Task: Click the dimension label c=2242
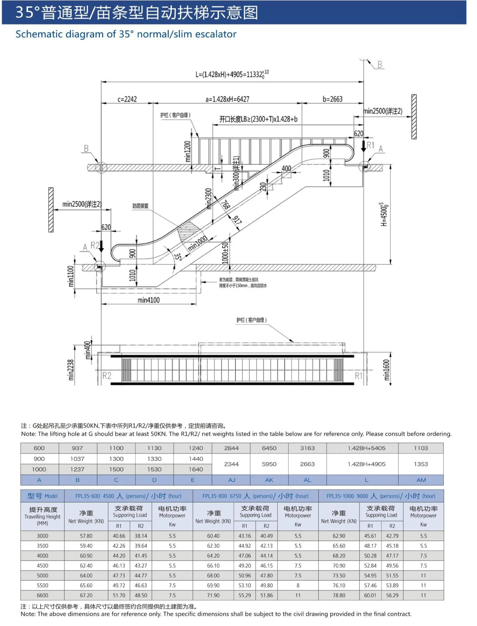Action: [127, 99]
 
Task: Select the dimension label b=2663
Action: [332, 99]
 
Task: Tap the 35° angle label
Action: [178, 257]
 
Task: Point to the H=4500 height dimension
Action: [384, 215]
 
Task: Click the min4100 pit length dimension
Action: [149, 300]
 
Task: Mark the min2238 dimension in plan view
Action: [71, 370]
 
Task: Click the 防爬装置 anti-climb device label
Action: [140, 206]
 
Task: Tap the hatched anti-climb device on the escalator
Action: [186, 231]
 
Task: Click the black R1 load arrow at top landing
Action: [363, 146]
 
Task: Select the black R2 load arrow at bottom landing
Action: [101, 246]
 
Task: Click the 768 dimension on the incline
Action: [225, 205]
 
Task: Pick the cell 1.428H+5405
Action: [366, 448]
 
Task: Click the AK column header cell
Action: [269, 480]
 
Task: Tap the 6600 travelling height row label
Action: [42, 595]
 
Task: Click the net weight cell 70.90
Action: [339, 566]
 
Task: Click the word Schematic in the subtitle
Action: [38, 34]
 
